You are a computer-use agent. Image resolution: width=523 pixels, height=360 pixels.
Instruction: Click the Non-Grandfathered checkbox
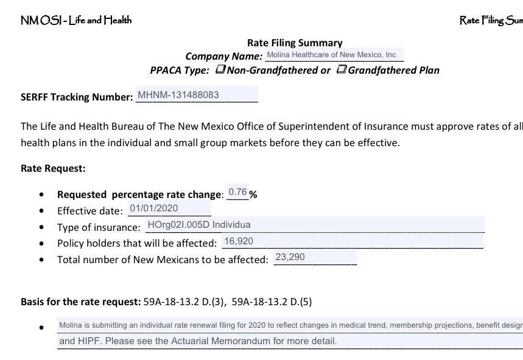tap(220, 69)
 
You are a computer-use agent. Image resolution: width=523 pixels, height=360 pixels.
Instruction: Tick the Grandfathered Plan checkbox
tap(342, 69)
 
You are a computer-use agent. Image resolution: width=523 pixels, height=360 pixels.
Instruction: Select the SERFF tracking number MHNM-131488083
tap(178, 95)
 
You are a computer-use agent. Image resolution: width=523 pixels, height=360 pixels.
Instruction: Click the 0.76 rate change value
tap(237, 192)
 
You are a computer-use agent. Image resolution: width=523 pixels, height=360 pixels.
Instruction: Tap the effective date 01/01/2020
tap(153, 208)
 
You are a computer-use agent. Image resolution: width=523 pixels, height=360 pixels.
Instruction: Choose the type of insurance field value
tap(199, 225)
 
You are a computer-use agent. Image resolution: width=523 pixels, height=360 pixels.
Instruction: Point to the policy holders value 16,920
tap(239, 241)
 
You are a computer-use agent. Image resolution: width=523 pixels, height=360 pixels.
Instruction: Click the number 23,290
tap(290, 257)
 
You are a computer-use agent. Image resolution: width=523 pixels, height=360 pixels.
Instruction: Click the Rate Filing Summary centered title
tap(295, 43)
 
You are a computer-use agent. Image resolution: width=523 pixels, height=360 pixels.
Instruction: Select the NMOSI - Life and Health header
tap(76, 20)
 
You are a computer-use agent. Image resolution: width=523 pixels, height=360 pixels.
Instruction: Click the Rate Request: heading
tap(53, 168)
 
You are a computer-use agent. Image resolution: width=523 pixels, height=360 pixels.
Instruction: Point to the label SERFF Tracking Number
tap(77, 97)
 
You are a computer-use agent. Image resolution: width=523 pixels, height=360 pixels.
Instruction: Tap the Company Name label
tap(224, 56)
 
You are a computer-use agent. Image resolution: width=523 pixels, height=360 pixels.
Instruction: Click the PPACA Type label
tap(180, 70)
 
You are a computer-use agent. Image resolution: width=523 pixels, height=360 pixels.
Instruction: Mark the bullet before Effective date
tap(41, 211)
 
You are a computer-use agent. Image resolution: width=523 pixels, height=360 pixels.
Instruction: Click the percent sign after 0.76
tap(253, 195)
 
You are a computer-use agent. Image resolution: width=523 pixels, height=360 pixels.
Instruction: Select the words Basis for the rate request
tap(80, 302)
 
